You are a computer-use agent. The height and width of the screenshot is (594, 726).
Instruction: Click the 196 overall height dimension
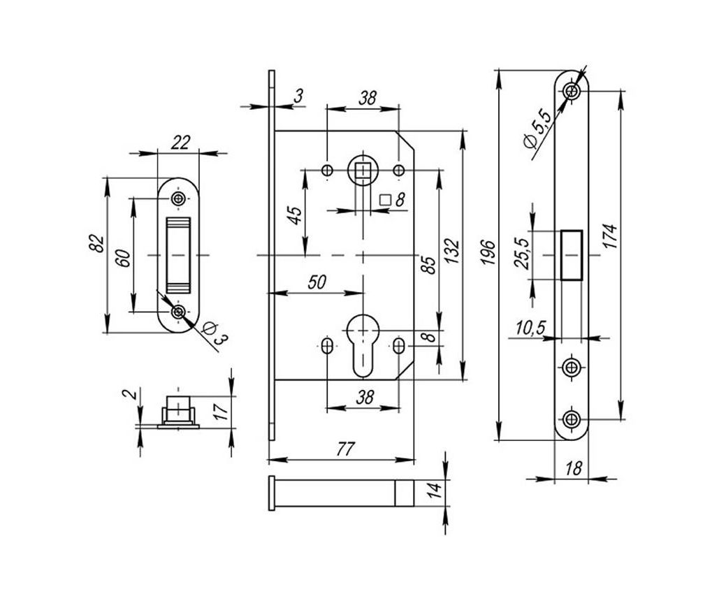coord(488,252)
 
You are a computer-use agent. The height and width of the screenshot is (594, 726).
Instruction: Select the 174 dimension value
coord(612,236)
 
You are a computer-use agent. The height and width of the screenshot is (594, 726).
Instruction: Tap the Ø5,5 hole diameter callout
coord(537,130)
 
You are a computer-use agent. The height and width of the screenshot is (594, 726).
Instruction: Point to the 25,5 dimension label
coord(522,253)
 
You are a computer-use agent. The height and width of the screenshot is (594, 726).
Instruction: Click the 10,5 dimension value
coord(531,328)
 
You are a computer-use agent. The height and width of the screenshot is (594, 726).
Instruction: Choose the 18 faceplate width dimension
coord(573,468)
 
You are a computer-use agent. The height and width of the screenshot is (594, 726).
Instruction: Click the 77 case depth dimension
coord(344,449)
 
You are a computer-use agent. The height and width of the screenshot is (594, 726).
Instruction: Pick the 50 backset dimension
coord(317,282)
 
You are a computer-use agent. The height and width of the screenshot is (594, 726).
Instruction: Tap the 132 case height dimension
coord(452,252)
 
